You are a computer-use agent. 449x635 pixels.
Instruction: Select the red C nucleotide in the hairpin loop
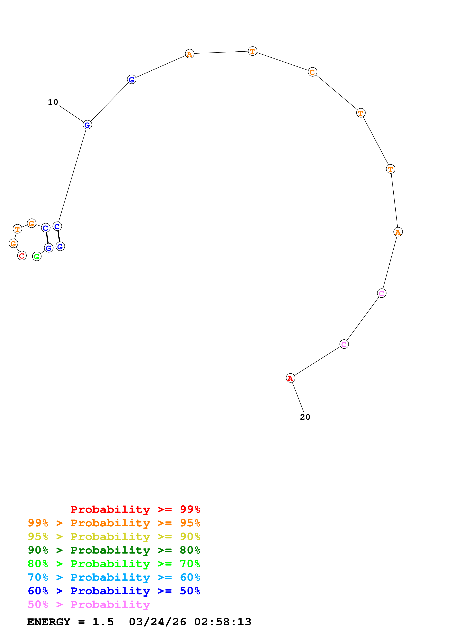(22, 256)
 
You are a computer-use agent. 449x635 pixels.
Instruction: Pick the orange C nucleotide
(312, 72)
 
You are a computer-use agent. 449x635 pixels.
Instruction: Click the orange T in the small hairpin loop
(17, 229)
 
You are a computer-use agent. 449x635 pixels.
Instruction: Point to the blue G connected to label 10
(87, 125)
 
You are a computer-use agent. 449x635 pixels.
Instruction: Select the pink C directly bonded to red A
(344, 344)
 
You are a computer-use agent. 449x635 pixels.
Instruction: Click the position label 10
(53, 102)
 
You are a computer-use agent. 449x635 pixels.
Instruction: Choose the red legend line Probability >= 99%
(135, 509)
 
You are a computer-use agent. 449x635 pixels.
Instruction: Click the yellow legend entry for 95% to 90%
(114, 537)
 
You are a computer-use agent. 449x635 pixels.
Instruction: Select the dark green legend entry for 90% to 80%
(114, 550)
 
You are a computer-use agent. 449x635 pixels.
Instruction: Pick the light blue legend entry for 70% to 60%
(114, 577)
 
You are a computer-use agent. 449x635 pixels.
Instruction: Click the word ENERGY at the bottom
(49, 622)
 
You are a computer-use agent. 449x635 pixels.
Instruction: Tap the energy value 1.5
(103, 622)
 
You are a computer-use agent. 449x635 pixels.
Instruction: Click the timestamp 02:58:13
(223, 622)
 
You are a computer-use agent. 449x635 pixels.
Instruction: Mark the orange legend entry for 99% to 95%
(114, 523)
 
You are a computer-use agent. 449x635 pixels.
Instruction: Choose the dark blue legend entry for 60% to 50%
(114, 591)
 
